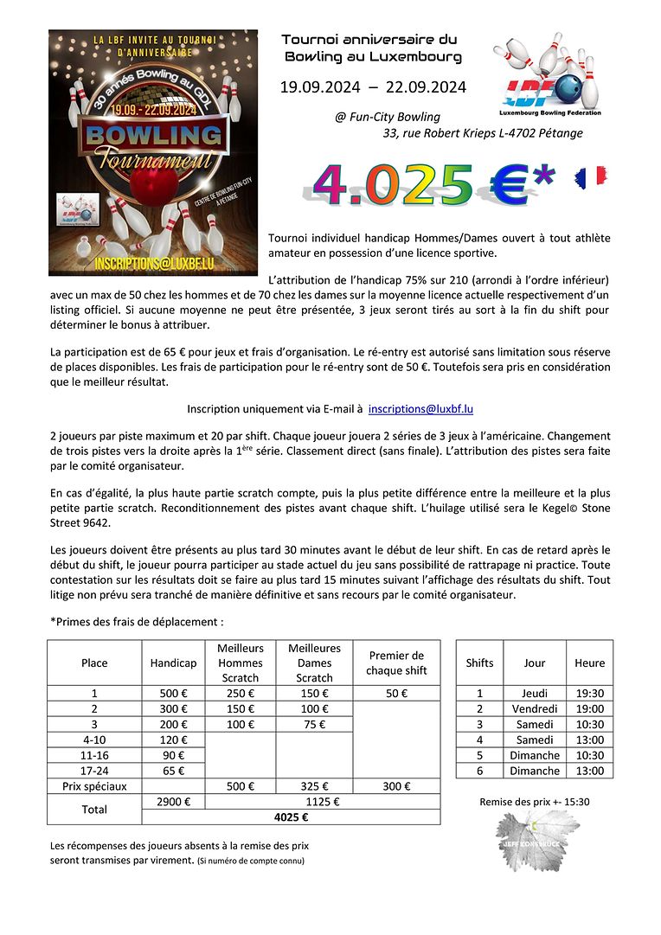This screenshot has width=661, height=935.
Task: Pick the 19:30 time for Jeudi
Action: (x=589, y=694)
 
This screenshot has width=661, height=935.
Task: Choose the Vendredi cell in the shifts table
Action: (x=535, y=709)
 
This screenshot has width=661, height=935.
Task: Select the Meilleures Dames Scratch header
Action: (x=314, y=663)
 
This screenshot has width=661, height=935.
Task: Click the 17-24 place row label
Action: (x=94, y=771)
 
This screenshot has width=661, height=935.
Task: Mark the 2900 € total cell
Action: (x=169, y=802)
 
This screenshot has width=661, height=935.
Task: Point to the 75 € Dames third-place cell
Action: (x=314, y=725)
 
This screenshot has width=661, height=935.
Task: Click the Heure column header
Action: (x=589, y=663)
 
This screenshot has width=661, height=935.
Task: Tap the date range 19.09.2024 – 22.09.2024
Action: (x=373, y=86)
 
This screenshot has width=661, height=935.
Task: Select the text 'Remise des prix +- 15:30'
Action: (x=535, y=802)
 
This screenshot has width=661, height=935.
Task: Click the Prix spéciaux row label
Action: (x=94, y=786)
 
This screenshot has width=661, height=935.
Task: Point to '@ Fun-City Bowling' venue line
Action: (x=388, y=117)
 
